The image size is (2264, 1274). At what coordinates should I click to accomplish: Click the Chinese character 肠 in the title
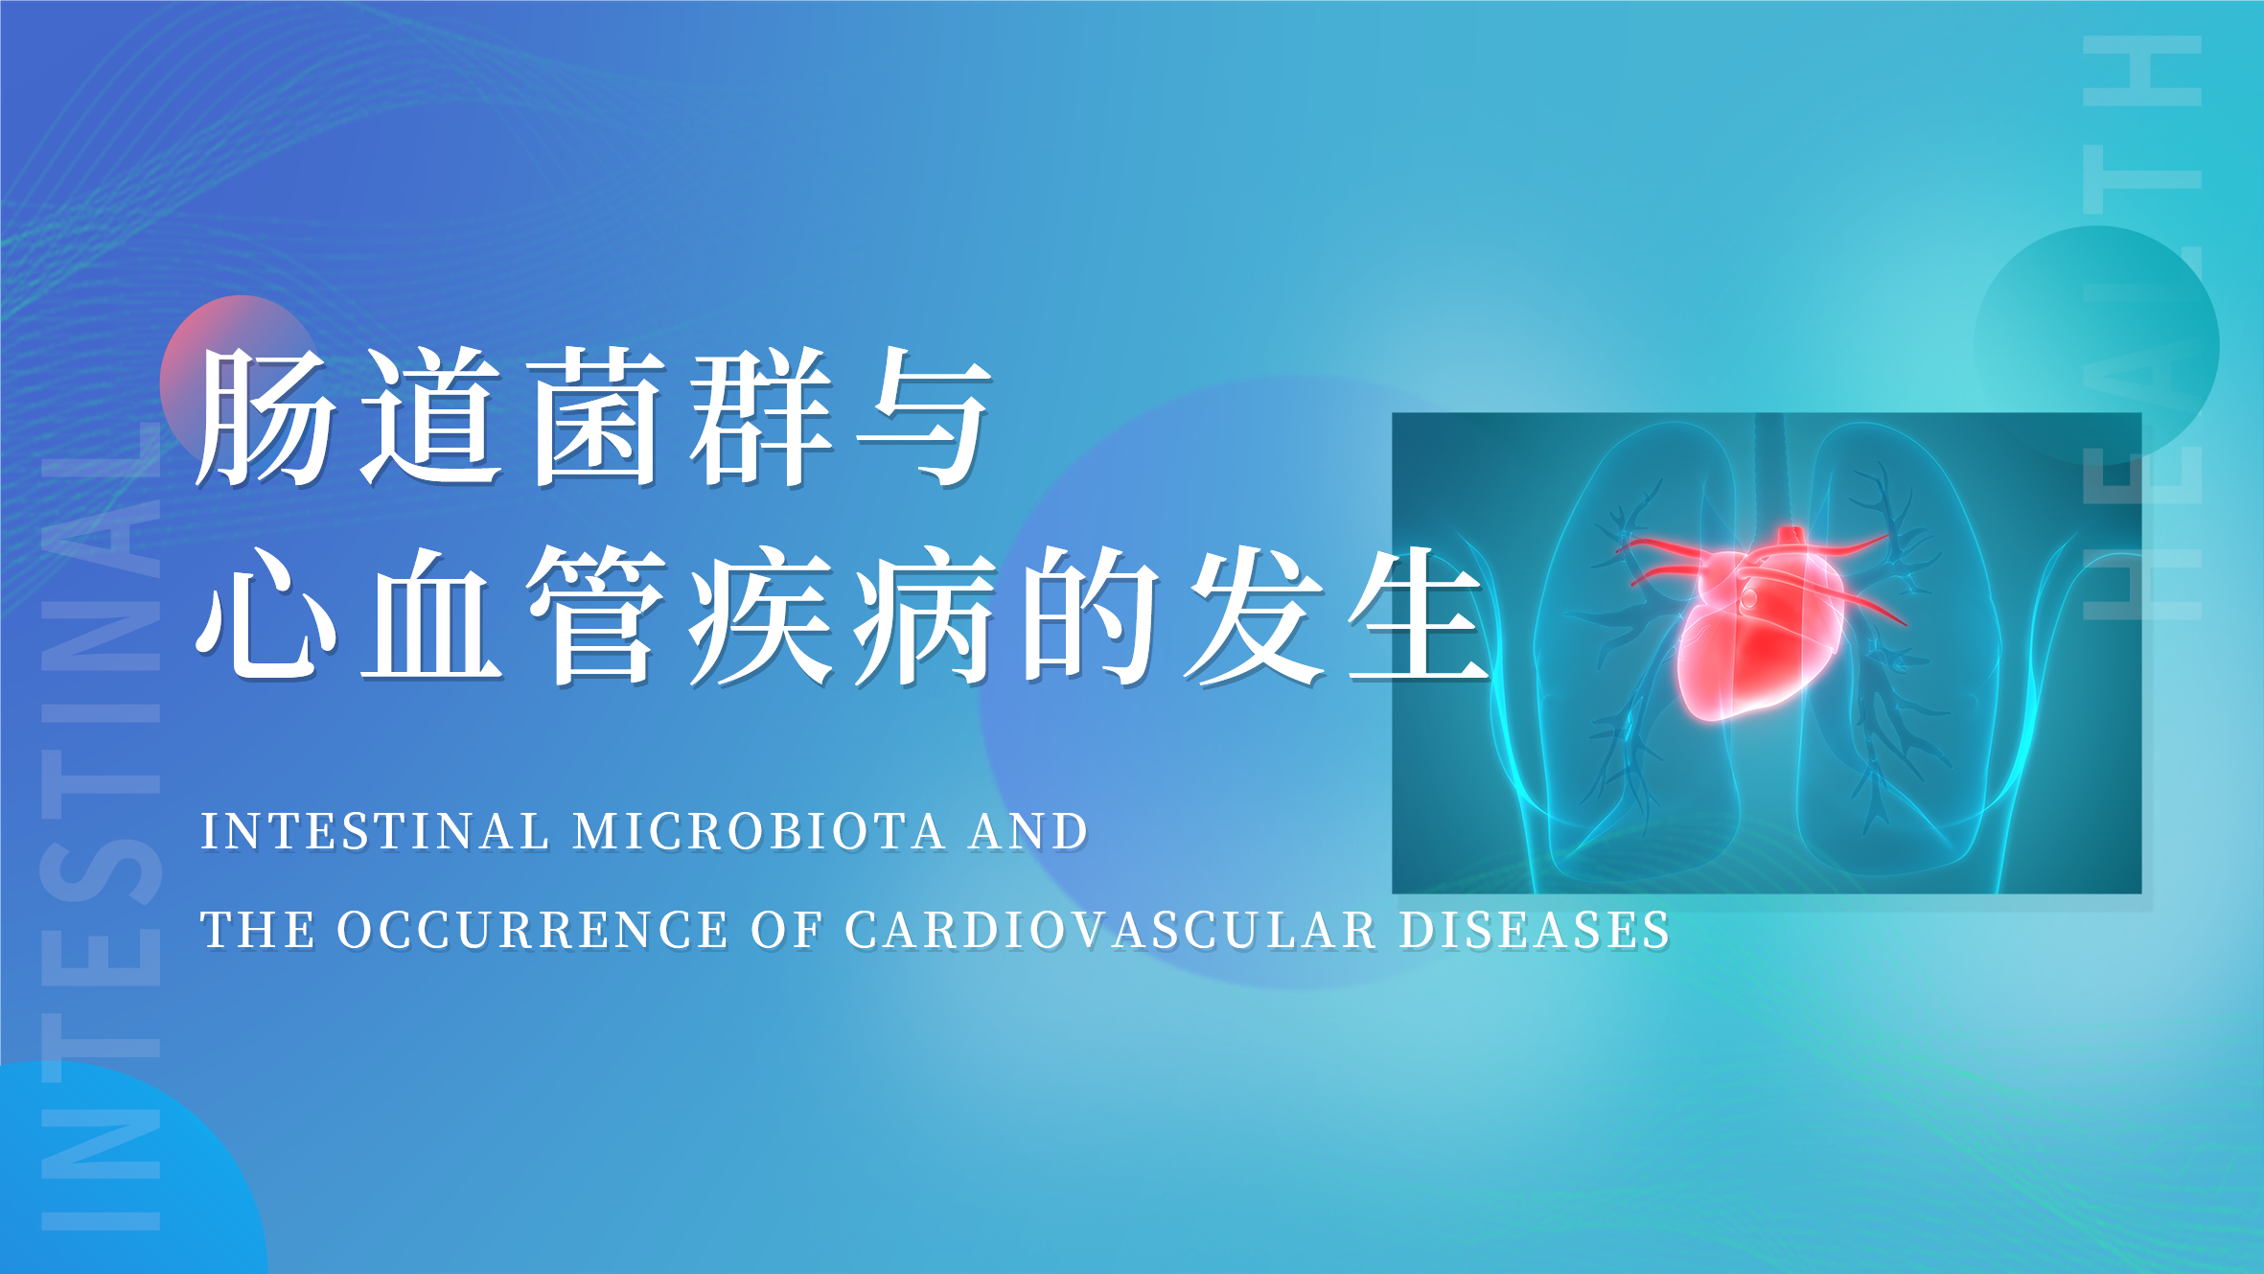pyautogui.click(x=266, y=416)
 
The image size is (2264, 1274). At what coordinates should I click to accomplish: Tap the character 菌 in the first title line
pyautogui.click(x=598, y=416)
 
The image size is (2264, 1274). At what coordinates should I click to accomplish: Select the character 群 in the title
pyautogui.click(x=762, y=416)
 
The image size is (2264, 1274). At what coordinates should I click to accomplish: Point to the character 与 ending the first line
pyautogui.click(x=924, y=416)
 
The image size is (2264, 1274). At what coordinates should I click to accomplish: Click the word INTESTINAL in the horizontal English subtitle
pyautogui.click(x=375, y=831)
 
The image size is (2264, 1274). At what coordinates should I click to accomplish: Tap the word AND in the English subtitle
pyautogui.click(x=1028, y=831)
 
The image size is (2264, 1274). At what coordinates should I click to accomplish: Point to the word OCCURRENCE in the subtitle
pyautogui.click(x=532, y=930)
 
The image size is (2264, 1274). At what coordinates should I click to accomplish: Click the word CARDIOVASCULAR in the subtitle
pyautogui.click(x=1111, y=930)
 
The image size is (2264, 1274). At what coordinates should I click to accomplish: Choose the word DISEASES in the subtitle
pyautogui.click(x=1535, y=930)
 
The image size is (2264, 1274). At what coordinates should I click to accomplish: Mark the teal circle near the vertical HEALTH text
pyautogui.click(x=2097, y=345)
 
